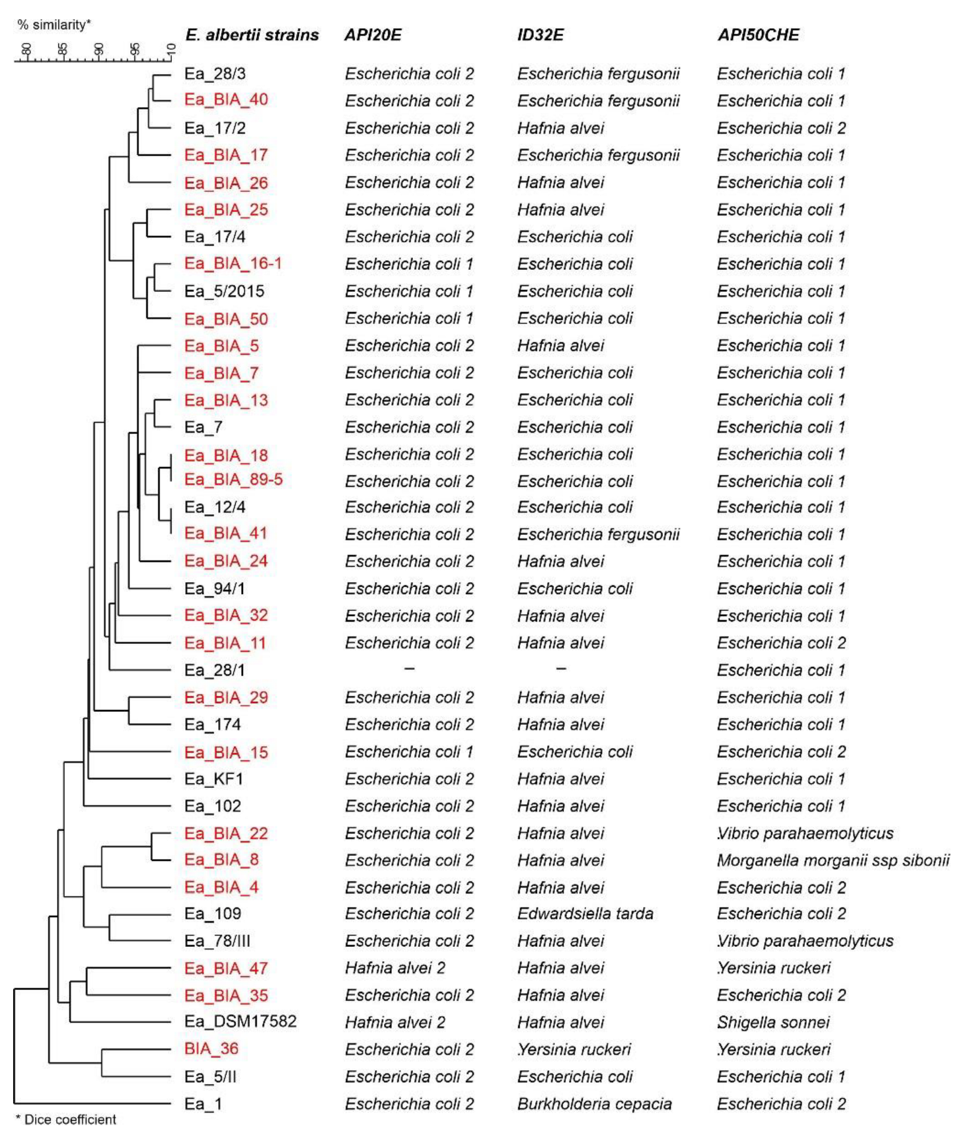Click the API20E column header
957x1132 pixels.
(x=373, y=35)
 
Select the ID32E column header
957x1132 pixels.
(x=540, y=35)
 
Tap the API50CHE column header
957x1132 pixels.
(x=758, y=35)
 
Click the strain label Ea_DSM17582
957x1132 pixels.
(x=240, y=1022)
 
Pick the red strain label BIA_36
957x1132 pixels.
(x=211, y=1049)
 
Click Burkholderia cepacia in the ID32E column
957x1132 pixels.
(x=594, y=1104)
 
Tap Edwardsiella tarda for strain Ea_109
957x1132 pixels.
(x=585, y=914)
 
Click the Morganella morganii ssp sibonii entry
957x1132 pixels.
(x=832, y=860)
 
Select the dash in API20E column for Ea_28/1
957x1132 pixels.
(x=409, y=669)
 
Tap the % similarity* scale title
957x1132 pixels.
(x=54, y=25)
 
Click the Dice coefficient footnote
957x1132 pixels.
(x=66, y=1120)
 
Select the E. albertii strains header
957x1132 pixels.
(x=252, y=35)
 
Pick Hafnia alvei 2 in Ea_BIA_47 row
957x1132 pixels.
(x=395, y=968)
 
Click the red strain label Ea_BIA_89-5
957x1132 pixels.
(x=233, y=480)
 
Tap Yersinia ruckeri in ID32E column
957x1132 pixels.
(x=574, y=1050)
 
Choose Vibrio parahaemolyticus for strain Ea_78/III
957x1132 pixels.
(x=805, y=941)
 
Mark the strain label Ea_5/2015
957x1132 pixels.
(x=224, y=291)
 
